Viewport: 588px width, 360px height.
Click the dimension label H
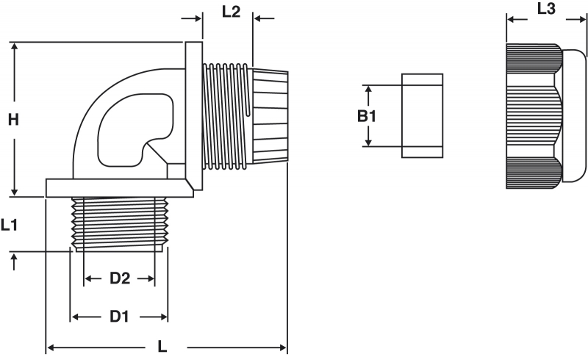pyautogui.click(x=13, y=120)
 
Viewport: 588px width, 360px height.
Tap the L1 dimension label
pyautogui.click(x=10, y=226)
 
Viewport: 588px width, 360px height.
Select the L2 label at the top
pyautogui.click(x=231, y=11)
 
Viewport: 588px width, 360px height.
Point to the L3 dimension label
pyautogui.click(x=546, y=9)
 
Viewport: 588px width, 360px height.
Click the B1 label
pyautogui.click(x=367, y=115)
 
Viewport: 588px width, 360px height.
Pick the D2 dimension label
pyautogui.click(x=120, y=279)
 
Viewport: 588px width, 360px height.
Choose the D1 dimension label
pyautogui.click(x=120, y=317)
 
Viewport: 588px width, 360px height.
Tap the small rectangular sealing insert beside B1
pyautogui.click(x=422, y=116)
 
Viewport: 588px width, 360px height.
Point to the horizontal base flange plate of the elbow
pyautogui.click(x=118, y=188)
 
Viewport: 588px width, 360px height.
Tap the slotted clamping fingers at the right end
pyautogui.click(x=269, y=116)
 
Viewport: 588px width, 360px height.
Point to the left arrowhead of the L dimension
pyautogui.click(x=51, y=347)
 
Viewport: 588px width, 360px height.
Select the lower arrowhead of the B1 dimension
pyautogui.click(x=370, y=142)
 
